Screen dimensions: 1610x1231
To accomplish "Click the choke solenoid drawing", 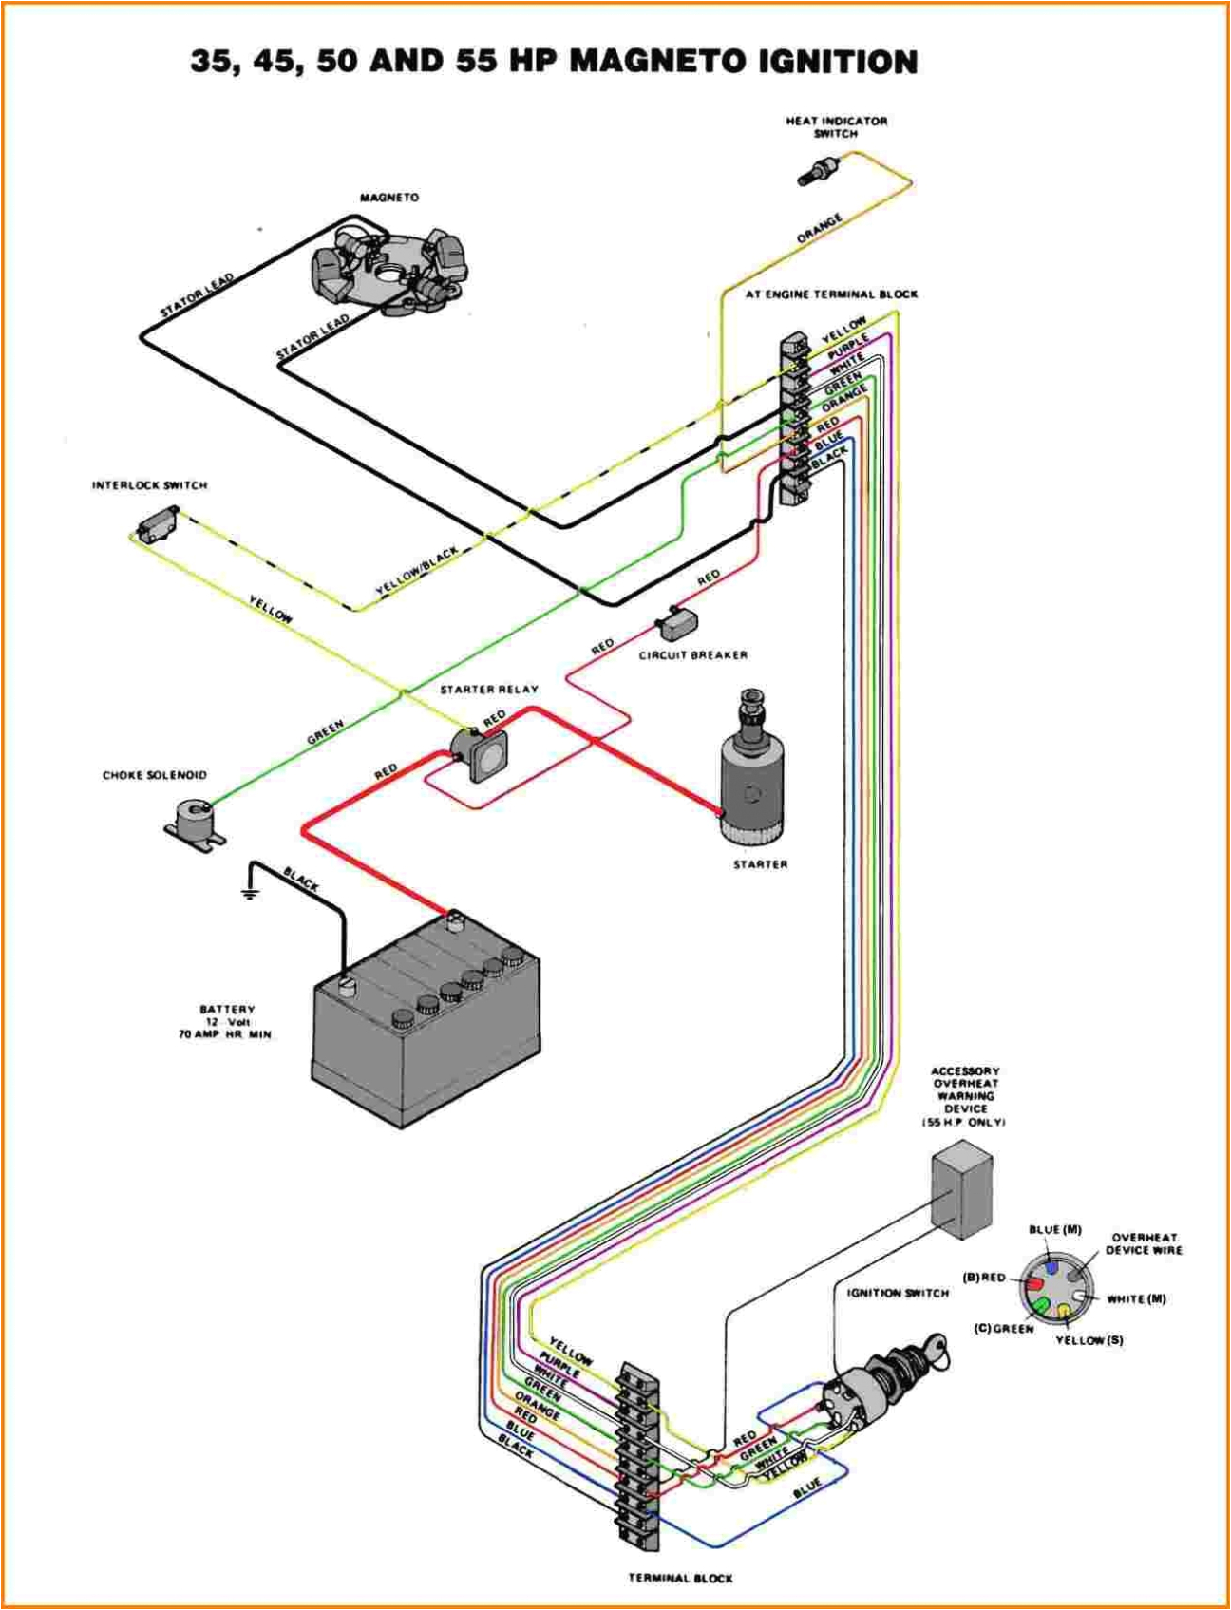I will click(x=195, y=823).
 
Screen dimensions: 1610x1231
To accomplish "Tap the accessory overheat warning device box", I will click(x=961, y=1189).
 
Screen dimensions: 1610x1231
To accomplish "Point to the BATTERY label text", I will click(x=227, y=1009).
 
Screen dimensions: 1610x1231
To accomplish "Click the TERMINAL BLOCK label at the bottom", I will click(x=680, y=1578).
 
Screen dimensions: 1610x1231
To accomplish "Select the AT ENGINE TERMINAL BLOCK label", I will click(x=831, y=294).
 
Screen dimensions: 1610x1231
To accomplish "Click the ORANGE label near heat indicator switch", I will click(x=819, y=228).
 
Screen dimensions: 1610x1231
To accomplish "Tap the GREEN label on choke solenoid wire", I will click(x=325, y=730).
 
